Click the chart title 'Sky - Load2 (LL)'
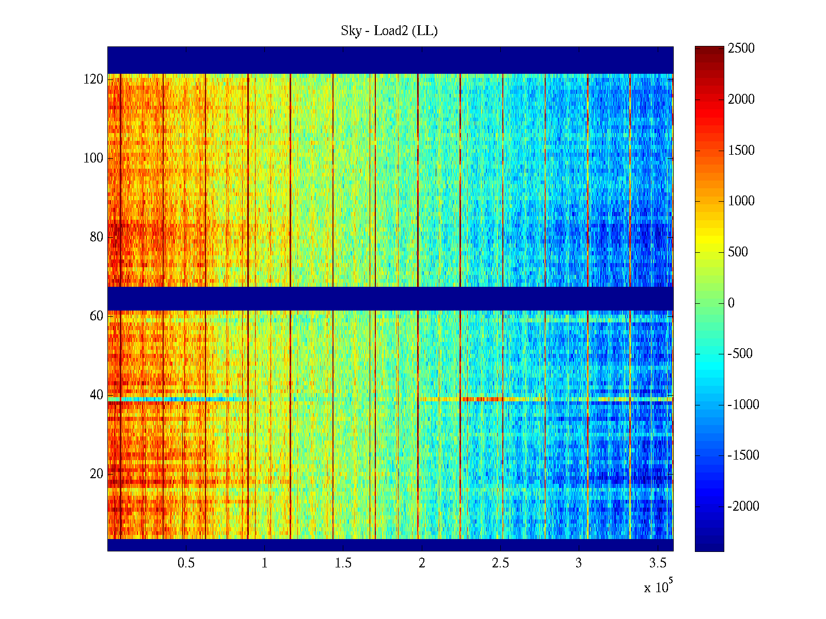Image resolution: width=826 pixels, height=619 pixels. click(389, 31)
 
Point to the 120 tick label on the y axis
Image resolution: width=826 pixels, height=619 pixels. click(93, 79)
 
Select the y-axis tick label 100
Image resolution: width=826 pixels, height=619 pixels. click(93, 158)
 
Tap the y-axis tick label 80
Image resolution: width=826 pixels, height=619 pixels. click(97, 237)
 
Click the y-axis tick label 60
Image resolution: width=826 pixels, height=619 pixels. click(97, 316)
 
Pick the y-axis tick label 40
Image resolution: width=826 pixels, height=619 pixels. click(97, 395)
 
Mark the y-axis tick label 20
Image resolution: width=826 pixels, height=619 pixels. click(97, 474)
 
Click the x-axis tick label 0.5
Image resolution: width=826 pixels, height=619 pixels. click(186, 563)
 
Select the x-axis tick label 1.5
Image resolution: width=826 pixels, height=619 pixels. click(343, 563)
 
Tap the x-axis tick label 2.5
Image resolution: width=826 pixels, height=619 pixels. click(500, 563)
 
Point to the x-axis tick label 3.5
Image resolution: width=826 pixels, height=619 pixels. click(657, 563)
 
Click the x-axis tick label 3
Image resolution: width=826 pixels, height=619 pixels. click(579, 563)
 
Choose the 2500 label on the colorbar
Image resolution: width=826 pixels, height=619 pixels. click(741, 48)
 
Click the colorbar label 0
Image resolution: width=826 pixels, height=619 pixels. click(731, 303)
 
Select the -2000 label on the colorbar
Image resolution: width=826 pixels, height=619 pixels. click(743, 506)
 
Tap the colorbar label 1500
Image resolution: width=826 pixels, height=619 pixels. click(741, 150)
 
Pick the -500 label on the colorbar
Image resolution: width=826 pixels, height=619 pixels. click(740, 353)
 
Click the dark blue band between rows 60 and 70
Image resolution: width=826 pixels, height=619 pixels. click(390, 298)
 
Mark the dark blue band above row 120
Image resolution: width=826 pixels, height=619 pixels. click(390, 60)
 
